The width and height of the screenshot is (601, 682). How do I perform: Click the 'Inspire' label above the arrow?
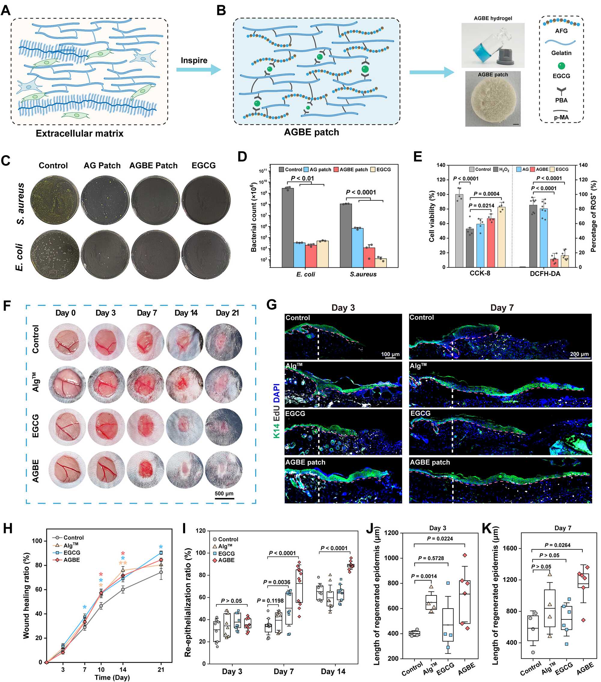[194, 60]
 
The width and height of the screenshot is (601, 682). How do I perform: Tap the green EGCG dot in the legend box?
[561, 66]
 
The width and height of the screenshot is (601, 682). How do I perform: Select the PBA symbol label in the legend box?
[561, 100]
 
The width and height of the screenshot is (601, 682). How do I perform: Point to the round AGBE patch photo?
[493, 100]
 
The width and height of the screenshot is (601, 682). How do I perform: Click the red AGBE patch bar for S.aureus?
[369, 257]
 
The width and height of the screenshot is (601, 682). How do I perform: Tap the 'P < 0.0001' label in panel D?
[361, 192]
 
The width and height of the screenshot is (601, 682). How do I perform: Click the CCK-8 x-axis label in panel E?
[480, 273]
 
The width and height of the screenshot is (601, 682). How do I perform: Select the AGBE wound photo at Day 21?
[224, 471]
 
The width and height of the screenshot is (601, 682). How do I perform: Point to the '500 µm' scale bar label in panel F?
[224, 493]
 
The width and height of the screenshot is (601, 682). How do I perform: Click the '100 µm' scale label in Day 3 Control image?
[390, 354]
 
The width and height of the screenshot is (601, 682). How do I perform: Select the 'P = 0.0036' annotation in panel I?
[277, 582]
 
